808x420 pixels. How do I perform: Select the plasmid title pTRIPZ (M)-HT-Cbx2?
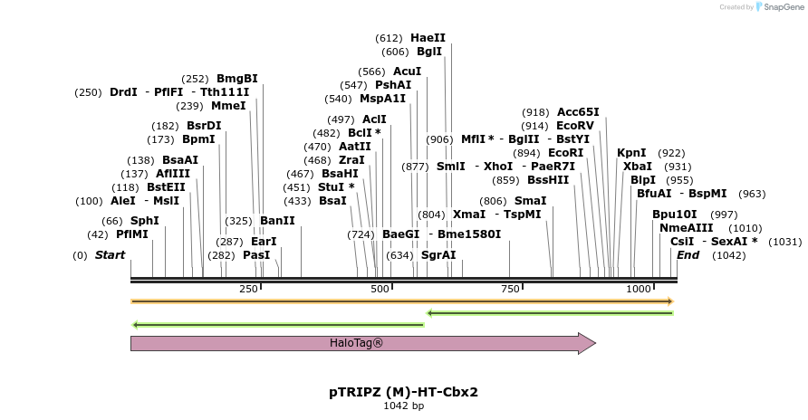coord(403,392)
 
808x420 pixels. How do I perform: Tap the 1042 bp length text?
coord(403,406)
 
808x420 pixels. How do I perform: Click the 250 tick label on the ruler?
coord(248,289)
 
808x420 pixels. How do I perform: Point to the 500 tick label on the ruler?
coord(379,289)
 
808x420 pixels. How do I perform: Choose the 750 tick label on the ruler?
coord(509,289)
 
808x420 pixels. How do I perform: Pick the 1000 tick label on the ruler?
coord(640,289)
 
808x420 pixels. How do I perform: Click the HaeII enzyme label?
coord(428,38)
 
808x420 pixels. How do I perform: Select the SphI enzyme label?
coord(144,221)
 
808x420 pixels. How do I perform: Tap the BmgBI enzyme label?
coord(237,79)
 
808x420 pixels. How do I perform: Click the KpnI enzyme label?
coord(631,153)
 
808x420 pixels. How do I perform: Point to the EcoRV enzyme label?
coord(575,126)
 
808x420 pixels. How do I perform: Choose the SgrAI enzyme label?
coord(438,255)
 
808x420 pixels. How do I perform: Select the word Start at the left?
coord(110,255)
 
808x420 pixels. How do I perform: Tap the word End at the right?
coord(688,255)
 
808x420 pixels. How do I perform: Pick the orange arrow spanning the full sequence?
coord(403,301)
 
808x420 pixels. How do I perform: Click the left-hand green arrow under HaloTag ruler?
coord(277,324)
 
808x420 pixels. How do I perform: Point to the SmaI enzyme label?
coord(530,201)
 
